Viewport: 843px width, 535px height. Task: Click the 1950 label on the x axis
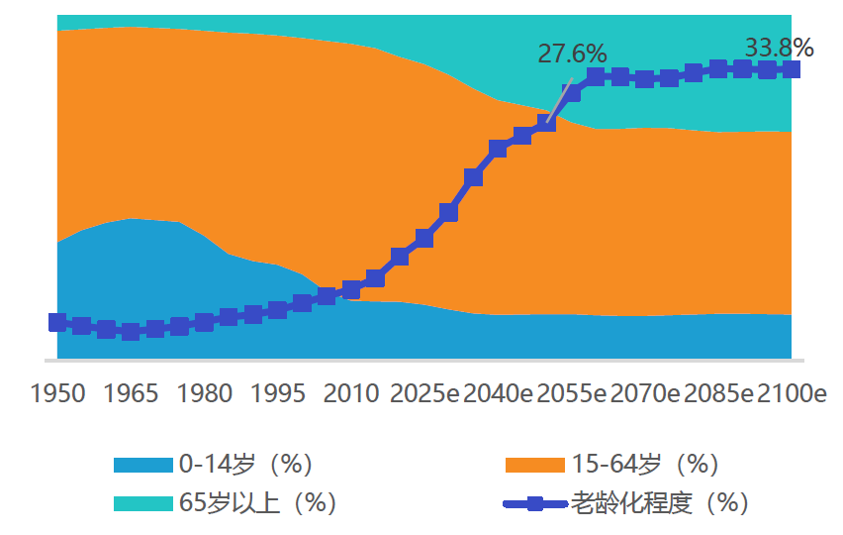[57, 393]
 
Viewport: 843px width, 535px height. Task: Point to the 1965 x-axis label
[131, 393]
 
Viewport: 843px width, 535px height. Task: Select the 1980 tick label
[205, 393]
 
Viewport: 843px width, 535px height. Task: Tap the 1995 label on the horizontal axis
[278, 393]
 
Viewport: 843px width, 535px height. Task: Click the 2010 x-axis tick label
[351, 393]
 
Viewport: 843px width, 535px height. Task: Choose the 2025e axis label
[425, 393]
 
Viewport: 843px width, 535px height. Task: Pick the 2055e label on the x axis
[572, 393]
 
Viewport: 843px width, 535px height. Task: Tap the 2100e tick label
[792, 393]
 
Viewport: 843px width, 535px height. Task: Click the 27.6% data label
[572, 53]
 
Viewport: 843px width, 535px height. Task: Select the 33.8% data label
[779, 48]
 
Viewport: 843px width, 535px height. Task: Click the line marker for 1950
[57, 322]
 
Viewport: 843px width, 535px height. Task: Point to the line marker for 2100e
[791, 68]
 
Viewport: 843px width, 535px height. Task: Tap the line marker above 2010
[351, 289]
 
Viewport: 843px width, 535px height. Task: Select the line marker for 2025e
[424, 238]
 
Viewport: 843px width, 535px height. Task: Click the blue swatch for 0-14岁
[143, 465]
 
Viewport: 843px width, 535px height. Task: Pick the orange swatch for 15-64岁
[535, 465]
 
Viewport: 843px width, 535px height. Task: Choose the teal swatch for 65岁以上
[143, 503]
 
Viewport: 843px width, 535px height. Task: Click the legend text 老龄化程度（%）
[659, 503]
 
